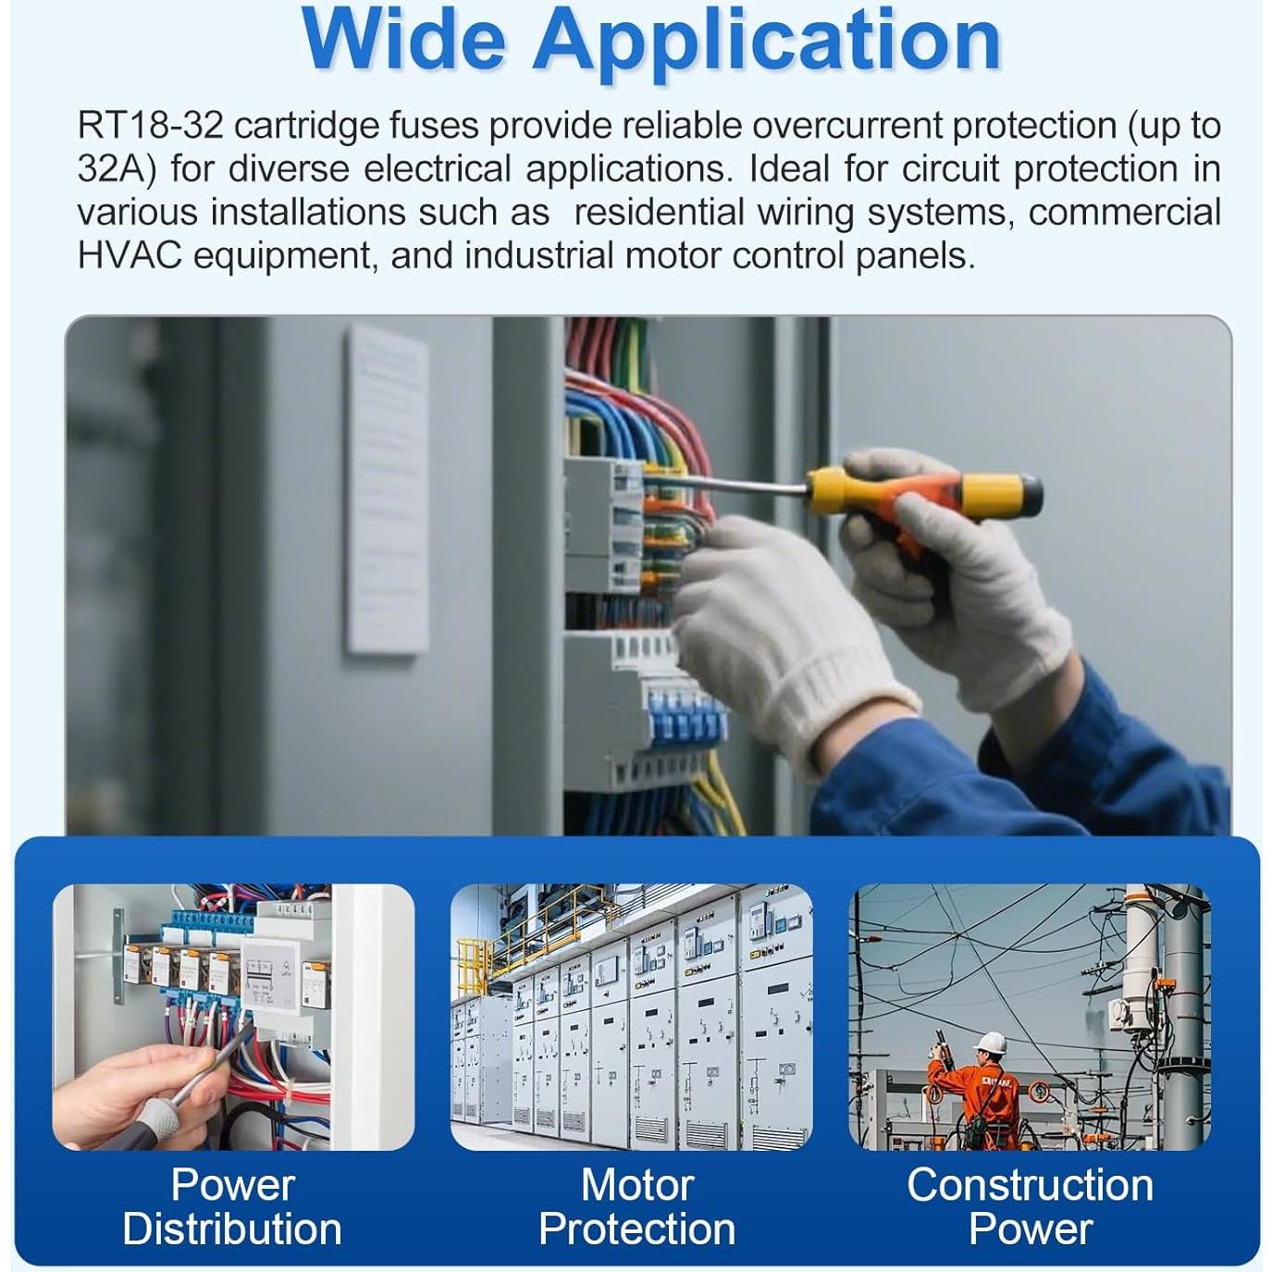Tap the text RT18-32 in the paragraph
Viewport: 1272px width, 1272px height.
(x=151, y=126)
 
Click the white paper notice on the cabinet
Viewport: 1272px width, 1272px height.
(x=389, y=488)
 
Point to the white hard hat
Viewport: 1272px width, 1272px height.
(x=990, y=1044)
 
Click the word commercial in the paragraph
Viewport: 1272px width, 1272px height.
(x=1124, y=213)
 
